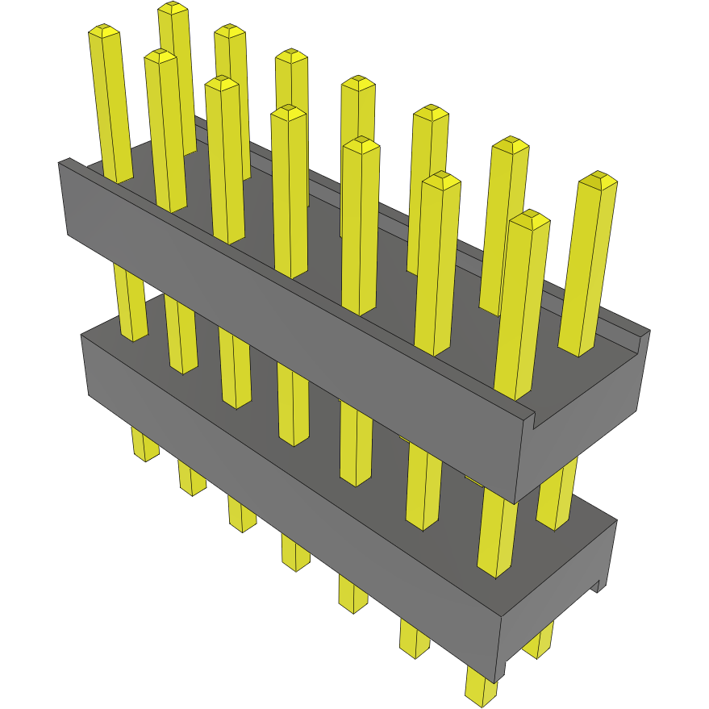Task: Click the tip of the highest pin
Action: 173,9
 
